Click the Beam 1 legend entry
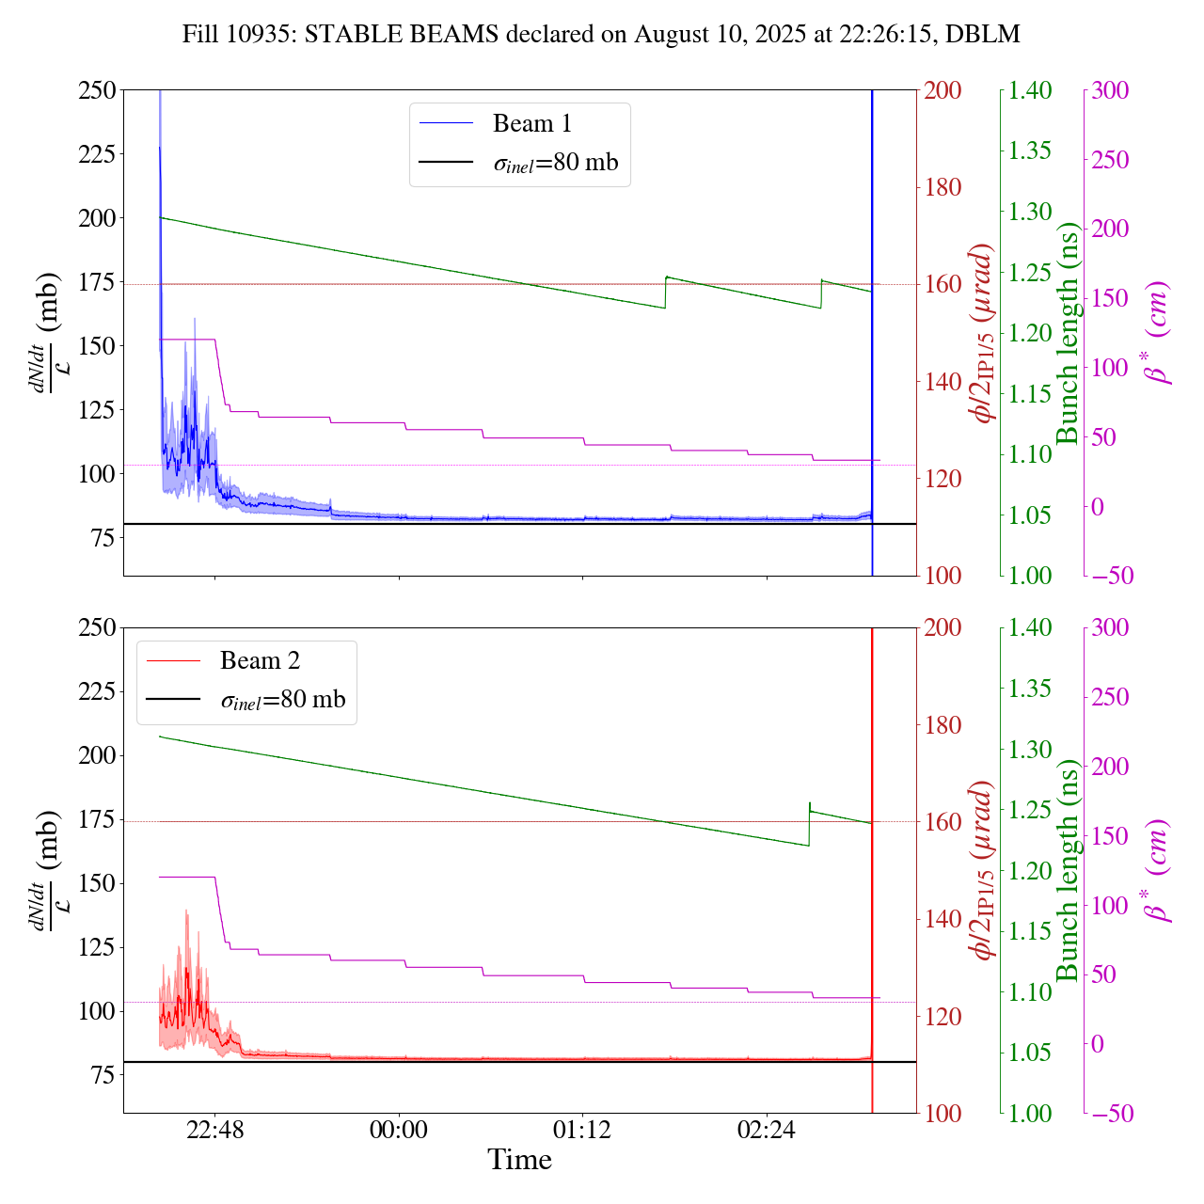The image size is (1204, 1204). (x=531, y=123)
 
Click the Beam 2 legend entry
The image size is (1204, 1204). (x=260, y=660)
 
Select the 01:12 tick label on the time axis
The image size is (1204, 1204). (x=582, y=1128)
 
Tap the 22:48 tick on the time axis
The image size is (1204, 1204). (x=214, y=1128)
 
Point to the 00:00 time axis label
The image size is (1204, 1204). (x=399, y=1128)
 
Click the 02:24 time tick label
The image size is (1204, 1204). (x=767, y=1128)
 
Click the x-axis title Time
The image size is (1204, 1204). (x=519, y=1160)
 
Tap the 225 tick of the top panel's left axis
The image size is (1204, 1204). (x=97, y=153)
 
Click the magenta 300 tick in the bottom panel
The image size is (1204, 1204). (x=1110, y=628)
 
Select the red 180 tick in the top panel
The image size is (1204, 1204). (x=943, y=187)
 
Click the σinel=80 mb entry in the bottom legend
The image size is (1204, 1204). (x=283, y=700)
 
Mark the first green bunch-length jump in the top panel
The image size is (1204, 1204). (x=665, y=292)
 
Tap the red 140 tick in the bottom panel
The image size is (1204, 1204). (x=943, y=919)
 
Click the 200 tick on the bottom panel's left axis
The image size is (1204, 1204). (x=97, y=755)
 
